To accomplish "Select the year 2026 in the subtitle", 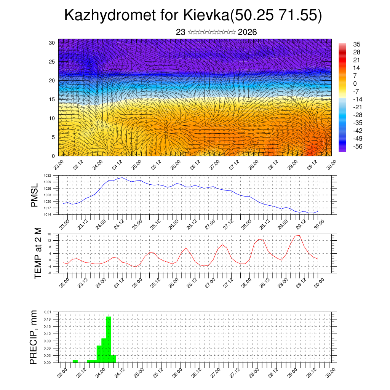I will point(247,32).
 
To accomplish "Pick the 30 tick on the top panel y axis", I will point(52,43).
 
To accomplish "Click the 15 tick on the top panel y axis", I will point(52,99).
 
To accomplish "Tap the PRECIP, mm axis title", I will point(34,337).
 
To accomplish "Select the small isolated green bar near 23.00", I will point(75,361).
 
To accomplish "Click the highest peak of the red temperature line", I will point(299,235).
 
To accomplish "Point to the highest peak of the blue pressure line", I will point(122,177).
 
